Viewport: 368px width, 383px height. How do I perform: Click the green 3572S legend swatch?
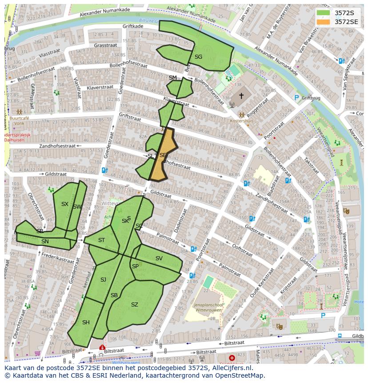click(324, 13)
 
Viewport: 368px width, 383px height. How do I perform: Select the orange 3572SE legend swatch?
click(324, 21)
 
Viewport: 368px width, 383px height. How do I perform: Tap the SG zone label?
click(198, 56)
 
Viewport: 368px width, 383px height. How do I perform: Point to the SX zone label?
click(65, 204)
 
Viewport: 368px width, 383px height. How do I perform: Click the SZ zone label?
click(135, 305)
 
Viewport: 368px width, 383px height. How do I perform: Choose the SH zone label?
click(86, 323)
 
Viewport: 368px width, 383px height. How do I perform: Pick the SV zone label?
click(159, 258)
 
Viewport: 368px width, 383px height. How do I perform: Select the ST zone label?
click(101, 240)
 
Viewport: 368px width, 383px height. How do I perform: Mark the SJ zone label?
click(103, 280)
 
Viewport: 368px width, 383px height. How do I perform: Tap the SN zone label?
click(45, 242)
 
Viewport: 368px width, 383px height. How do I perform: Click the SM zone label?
click(172, 78)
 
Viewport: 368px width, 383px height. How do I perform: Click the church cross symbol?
click(241, 96)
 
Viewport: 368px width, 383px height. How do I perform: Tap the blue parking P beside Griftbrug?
click(296, 97)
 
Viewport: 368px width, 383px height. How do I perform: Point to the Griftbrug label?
click(311, 98)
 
